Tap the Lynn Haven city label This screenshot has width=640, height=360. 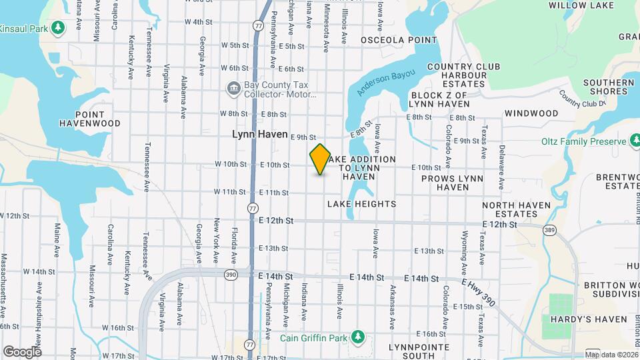tap(259, 134)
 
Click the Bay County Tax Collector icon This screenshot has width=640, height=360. tap(233, 87)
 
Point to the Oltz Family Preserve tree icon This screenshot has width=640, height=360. tap(634, 141)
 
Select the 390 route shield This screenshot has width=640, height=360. tap(231, 275)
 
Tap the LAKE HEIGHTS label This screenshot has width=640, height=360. tap(361, 204)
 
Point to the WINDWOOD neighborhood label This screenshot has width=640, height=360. tap(531, 114)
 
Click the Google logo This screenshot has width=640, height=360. tap(22, 351)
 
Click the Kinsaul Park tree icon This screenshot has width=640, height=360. tap(58, 27)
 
